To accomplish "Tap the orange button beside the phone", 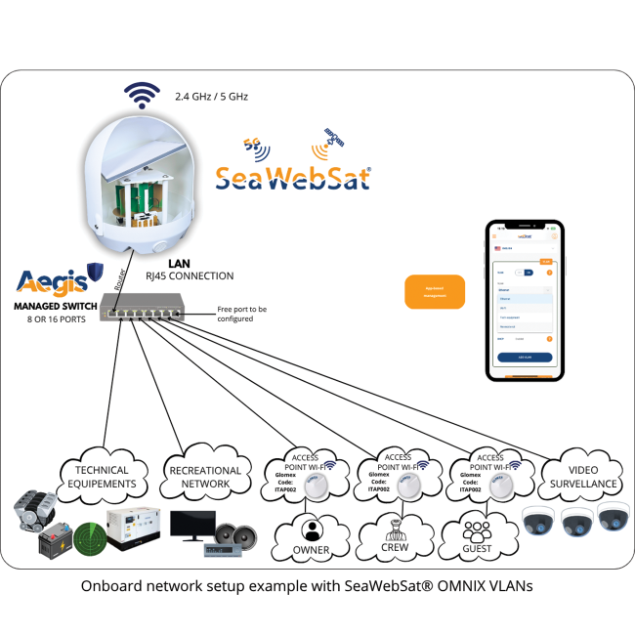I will point(435,291).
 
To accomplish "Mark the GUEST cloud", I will point(478,536).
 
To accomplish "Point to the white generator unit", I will point(132,527).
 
